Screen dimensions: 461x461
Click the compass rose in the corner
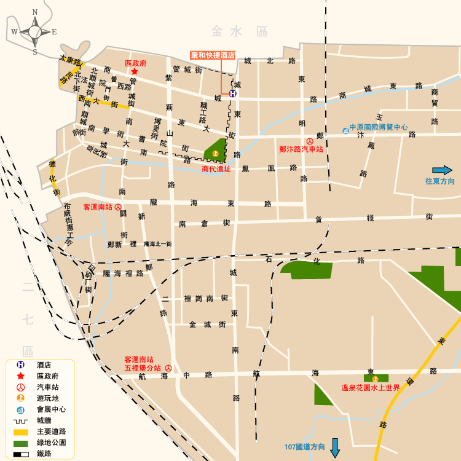coord(34,31)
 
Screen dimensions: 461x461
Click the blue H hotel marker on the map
coord(233,93)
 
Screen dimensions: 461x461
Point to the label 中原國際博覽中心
coord(379,128)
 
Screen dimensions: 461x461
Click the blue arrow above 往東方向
coord(442,170)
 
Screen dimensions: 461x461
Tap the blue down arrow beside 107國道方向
coord(335,447)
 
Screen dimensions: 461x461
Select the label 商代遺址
coord(216,168)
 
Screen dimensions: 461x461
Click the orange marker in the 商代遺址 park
coord(215,152)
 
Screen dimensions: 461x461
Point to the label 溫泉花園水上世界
coord(371,388)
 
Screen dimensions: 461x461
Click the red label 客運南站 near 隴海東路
coord(97,207)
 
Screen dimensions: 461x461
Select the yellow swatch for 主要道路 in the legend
coord(20,431)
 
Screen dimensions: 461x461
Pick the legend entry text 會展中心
coord(52,409)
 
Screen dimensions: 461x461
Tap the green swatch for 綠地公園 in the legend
coord(20,443)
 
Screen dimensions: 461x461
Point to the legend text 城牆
coord(44,420)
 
